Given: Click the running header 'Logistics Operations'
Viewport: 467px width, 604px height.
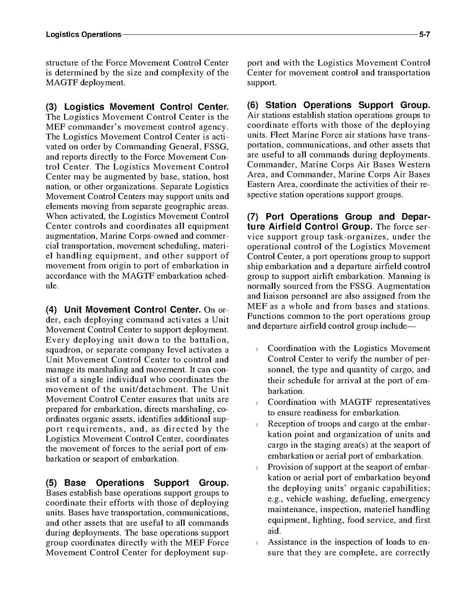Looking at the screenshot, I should [x=83, y=35].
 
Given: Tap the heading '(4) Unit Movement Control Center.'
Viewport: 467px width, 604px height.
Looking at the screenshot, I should [x=124, y=309].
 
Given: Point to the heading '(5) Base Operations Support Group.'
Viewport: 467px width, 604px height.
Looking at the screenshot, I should [x=137, y=482].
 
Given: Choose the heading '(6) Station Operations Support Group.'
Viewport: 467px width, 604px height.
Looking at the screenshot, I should [x=338, y=105].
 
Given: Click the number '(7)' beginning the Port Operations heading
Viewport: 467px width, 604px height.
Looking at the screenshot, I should [x=254, y=217].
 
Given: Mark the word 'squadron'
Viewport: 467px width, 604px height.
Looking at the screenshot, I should [x=63, y=350].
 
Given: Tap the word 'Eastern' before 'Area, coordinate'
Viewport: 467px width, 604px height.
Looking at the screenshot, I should [x=262, y=185].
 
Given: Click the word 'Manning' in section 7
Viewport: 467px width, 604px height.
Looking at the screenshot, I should [x=406, y=276].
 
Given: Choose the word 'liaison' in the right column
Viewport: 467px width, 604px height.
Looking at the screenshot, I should [x=279, y=296].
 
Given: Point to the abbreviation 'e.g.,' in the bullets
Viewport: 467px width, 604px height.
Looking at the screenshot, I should [x=277, y=499].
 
